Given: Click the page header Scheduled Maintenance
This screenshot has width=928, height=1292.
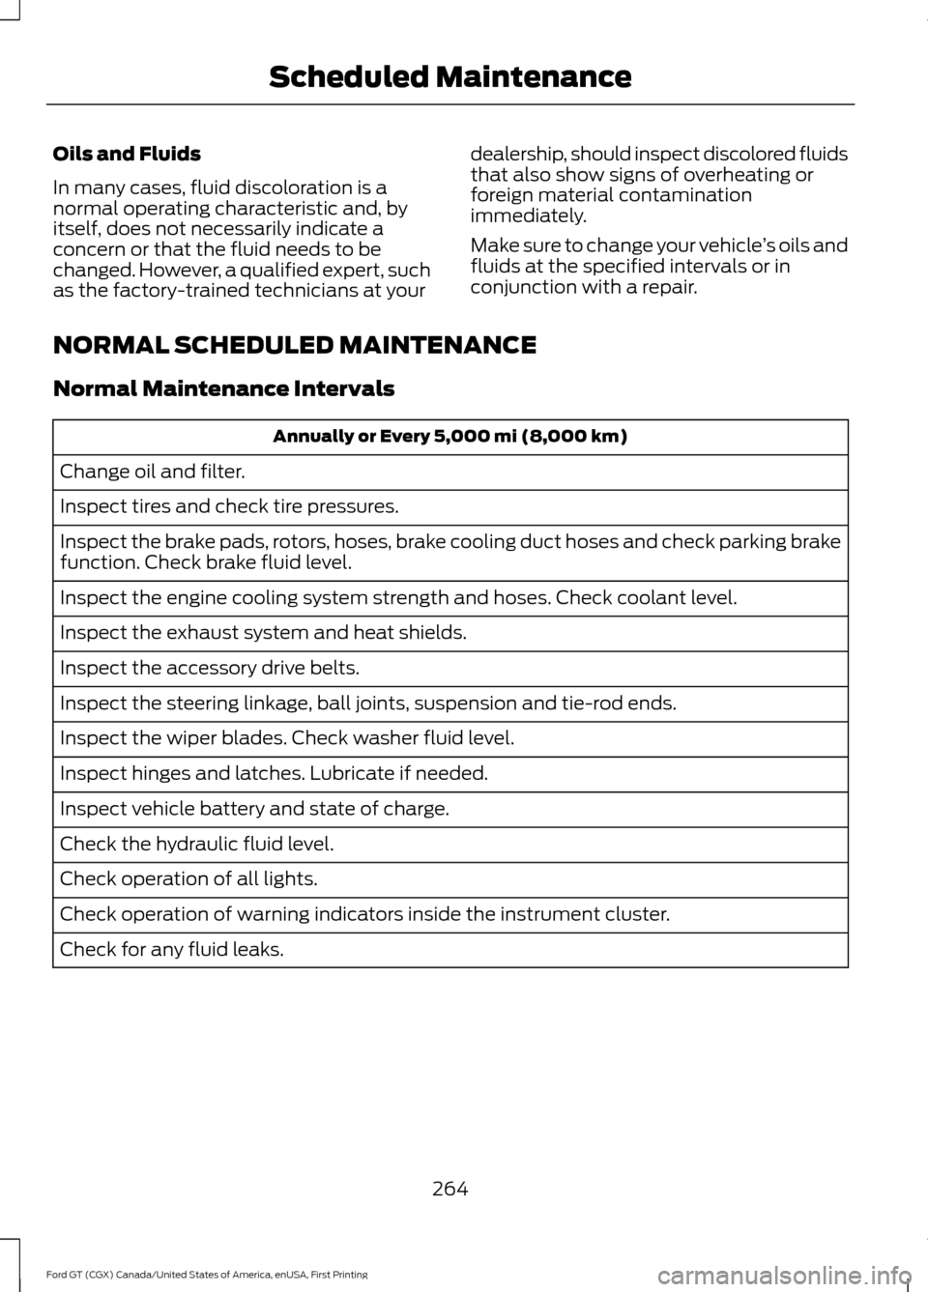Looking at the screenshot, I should (x=449, y=76).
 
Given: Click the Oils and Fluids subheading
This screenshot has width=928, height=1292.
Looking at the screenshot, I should (x=127, y=154).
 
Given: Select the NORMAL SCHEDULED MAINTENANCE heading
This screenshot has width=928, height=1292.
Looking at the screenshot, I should (x=295, y=345).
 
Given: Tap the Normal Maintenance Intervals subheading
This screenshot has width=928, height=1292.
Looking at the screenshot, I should (x=223, y=388).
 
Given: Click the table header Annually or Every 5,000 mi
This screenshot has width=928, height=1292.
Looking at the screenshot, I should (x=449, y=437).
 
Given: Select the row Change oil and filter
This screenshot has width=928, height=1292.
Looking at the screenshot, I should (x=153, y=472).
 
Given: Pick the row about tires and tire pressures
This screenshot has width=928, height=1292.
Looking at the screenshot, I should (x=229, y=506).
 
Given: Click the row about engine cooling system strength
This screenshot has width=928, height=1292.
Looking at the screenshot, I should (x=397, y=598).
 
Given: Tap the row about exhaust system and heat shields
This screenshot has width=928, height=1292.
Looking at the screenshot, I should (x=263, y=633).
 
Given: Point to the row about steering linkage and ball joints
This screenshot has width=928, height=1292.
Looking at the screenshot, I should (x=367, y=703).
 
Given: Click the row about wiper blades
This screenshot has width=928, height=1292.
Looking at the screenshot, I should (x=286, y=738).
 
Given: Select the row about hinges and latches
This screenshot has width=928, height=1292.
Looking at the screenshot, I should (x=274, y=773).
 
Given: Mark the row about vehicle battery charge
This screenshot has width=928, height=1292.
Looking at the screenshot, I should (x=254, y=809).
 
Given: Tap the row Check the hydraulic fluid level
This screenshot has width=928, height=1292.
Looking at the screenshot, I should (x=197, y=844).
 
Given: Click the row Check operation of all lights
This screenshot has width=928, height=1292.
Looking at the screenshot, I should (x=188, y=879).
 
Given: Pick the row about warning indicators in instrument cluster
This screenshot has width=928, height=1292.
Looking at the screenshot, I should (x=364, y=914).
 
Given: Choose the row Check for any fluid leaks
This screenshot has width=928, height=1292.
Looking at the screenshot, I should (x=172, y=950).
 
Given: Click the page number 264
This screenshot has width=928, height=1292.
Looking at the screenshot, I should (x=449, y=1189).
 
